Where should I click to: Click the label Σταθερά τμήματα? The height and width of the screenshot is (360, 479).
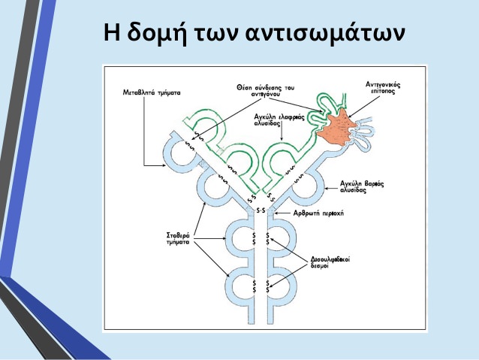tap(181, 240)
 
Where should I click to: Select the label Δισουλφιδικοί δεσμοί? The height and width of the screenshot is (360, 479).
tap(330, 262)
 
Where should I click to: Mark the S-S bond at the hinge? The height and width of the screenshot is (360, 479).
tap(264, 210)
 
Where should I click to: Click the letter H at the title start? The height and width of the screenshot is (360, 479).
tap(110, 35)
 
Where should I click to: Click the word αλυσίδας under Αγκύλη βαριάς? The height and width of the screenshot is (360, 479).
tap(357, 192)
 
